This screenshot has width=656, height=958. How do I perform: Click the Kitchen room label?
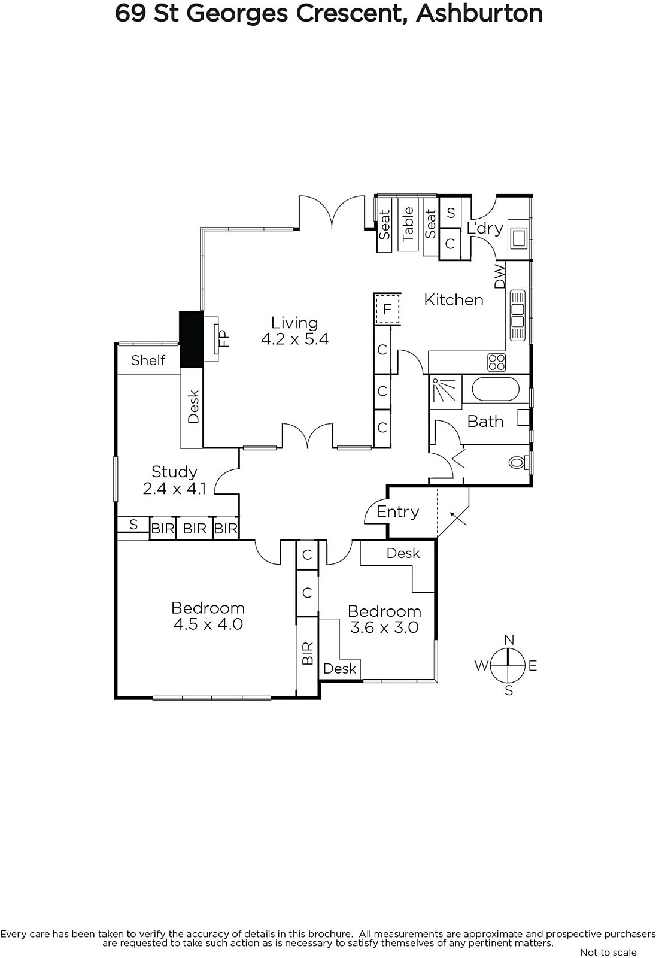pyautogui.click(x=453, y=300)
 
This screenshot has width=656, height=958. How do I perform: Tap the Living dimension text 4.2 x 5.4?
pyautogui.click(x=294, y=339)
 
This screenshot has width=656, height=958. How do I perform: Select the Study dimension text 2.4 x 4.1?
pyautogui.click(x=175, y=488)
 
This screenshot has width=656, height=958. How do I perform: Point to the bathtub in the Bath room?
pyautogui.click(x=496, y=389)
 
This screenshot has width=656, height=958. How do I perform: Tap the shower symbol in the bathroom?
pyautogui.click(x=445, y=392)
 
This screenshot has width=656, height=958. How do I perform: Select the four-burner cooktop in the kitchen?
pyautogui.click(x=497, y=363)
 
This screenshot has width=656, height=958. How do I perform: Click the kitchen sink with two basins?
pyautogui.click(x=518, y=315)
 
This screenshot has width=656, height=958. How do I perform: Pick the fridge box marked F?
pyautogui.click(x=387, y=309)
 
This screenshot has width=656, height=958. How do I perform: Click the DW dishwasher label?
pyautogui.click(x=499, y=276)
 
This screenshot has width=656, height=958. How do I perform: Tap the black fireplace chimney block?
pyautogui.click(x=191, y=339)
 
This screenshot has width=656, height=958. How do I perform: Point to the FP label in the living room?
pyautogui.click(x=224, y=338)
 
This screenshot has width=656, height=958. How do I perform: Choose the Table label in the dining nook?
pyautogui.click(x=408, y=224)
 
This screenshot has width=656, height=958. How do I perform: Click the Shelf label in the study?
pyautogui.click(x=148, y=360)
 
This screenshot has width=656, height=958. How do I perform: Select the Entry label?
pyautogui.click(x=397, y=512)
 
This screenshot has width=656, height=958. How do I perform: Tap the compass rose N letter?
pyautogui.click(x=509, y=640)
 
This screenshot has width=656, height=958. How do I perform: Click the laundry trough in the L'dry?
pyautogui.click(x=519, y=238)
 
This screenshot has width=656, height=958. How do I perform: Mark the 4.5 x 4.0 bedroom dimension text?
pyautogui.click(x=208, y=624)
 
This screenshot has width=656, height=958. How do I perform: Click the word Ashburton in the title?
pyautogui.click(x=479, y=13)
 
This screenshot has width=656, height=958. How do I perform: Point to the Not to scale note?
pyautogui.click(x=608, y=953)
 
